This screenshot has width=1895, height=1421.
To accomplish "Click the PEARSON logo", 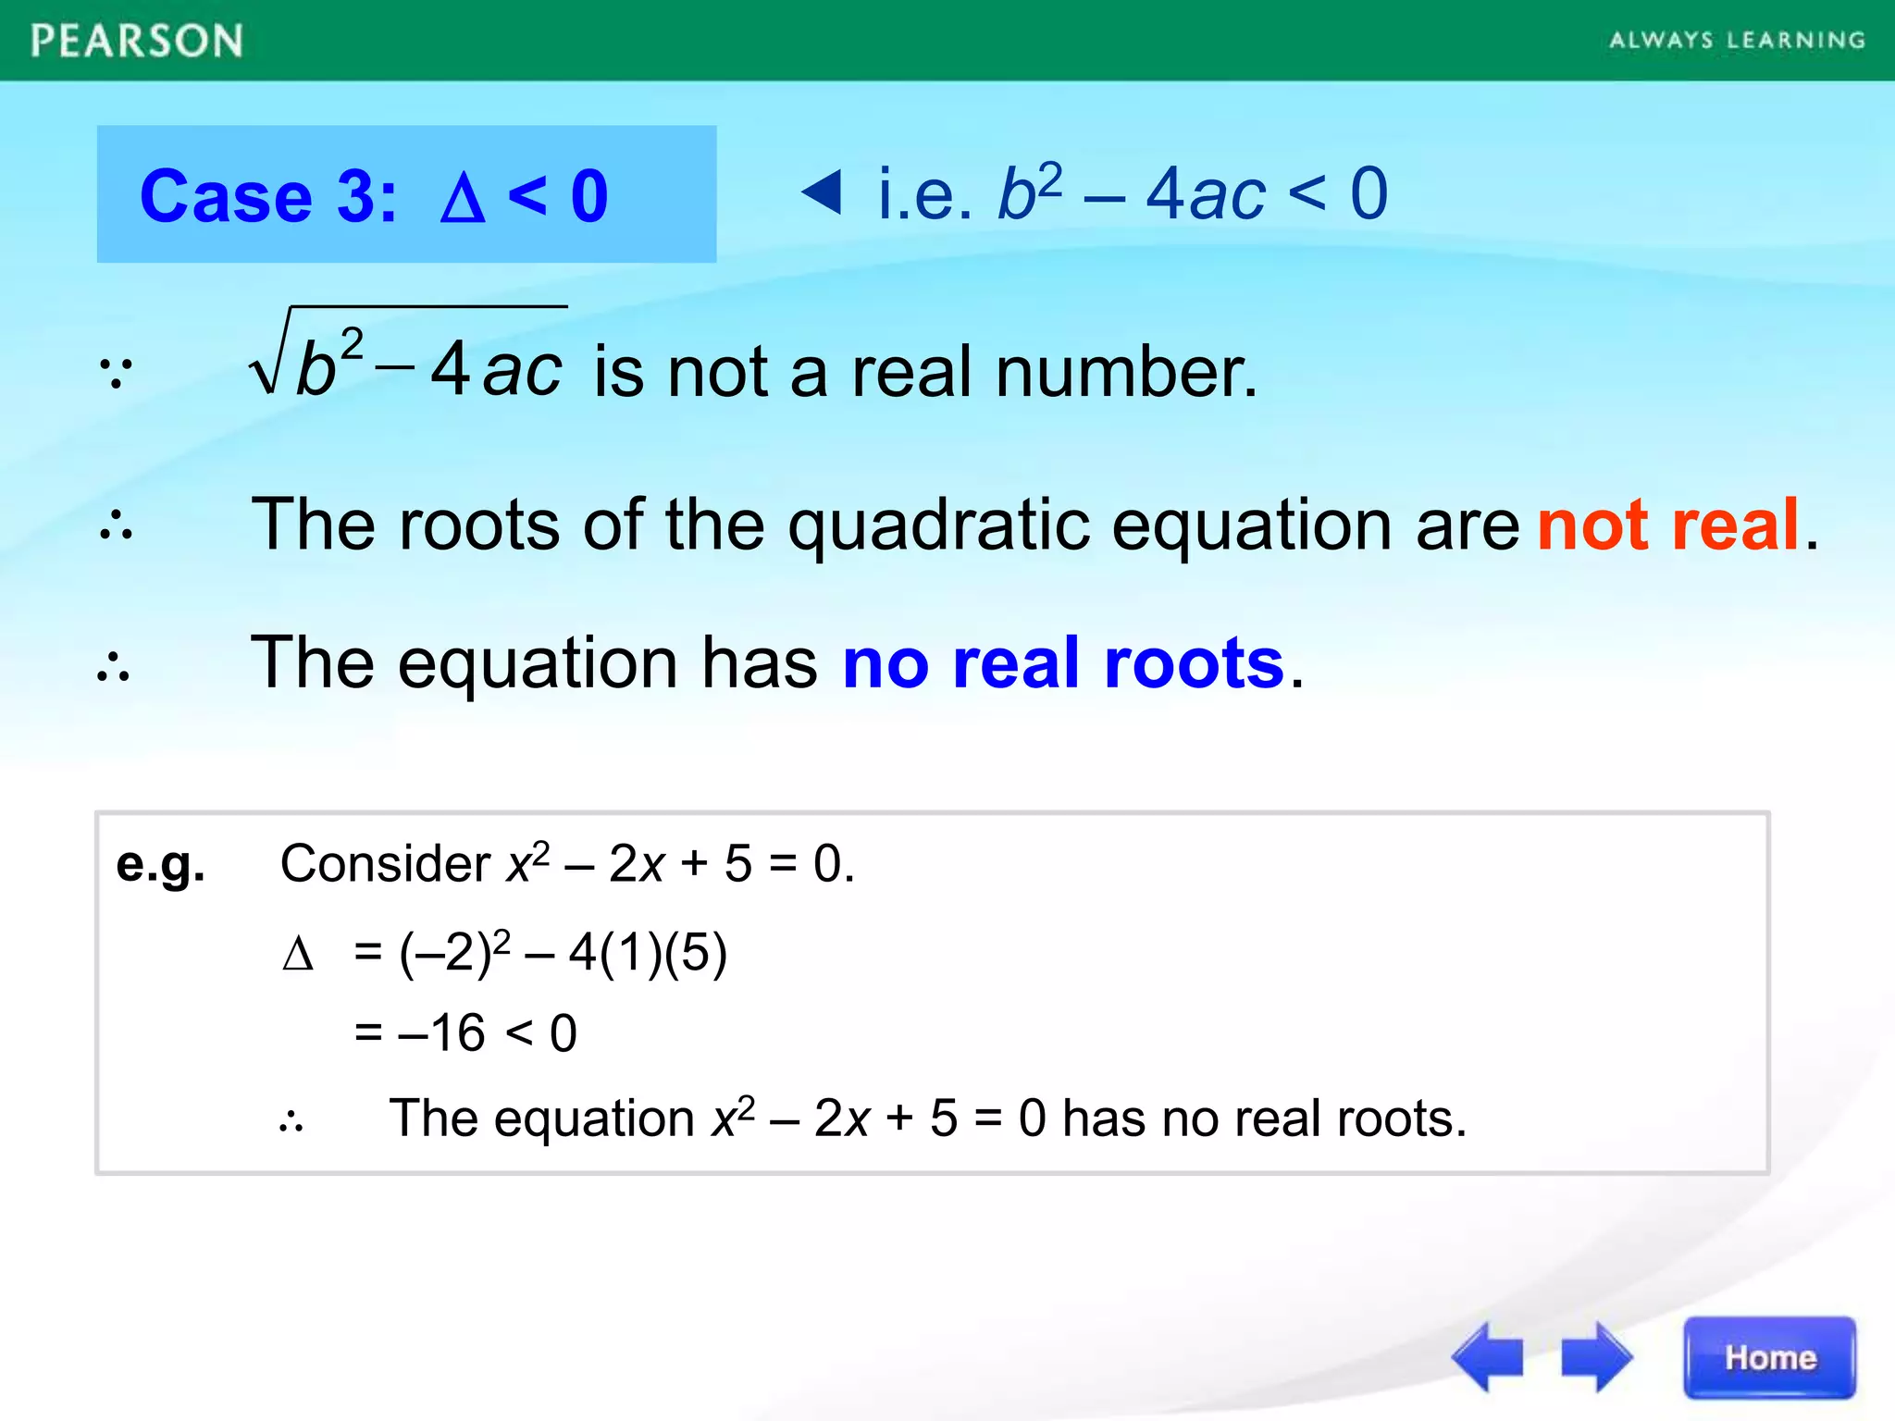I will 137,42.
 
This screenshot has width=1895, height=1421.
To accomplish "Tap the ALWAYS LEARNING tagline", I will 1737,41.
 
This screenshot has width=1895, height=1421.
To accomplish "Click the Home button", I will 1769,1357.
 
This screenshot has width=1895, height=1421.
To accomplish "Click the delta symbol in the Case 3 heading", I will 463,197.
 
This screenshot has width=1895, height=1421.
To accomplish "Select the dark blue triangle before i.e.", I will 822,192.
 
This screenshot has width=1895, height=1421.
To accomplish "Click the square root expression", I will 408,357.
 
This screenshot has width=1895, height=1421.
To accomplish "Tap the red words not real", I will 1668,525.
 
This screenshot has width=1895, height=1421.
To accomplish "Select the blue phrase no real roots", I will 1063,663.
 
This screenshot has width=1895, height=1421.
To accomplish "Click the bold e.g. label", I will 160,865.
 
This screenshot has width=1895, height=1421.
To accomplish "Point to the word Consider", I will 385,864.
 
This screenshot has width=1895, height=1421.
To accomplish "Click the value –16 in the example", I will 441,1032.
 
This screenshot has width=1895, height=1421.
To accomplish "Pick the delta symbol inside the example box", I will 298,954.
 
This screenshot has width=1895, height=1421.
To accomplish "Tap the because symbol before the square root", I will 117,372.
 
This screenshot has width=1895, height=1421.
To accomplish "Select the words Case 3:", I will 268,197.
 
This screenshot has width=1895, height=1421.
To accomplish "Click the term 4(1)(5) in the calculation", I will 648,953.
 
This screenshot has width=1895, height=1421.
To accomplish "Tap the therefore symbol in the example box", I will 291,1122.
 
